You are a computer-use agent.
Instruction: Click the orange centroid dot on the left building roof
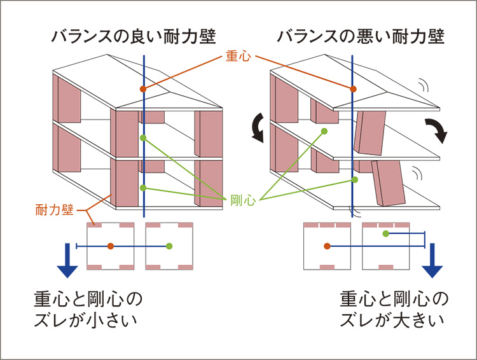point(144,88)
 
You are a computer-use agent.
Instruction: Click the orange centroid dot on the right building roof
point(354,88)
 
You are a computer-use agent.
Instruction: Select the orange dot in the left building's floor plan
point(111,246)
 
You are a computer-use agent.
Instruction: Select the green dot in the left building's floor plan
point(169,246)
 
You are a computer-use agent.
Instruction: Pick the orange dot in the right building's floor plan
point(327,246)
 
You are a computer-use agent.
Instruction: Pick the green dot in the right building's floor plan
point(385,234)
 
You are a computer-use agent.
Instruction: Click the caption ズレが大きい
point(392,319)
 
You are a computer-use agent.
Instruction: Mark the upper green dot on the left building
point(144,138)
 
